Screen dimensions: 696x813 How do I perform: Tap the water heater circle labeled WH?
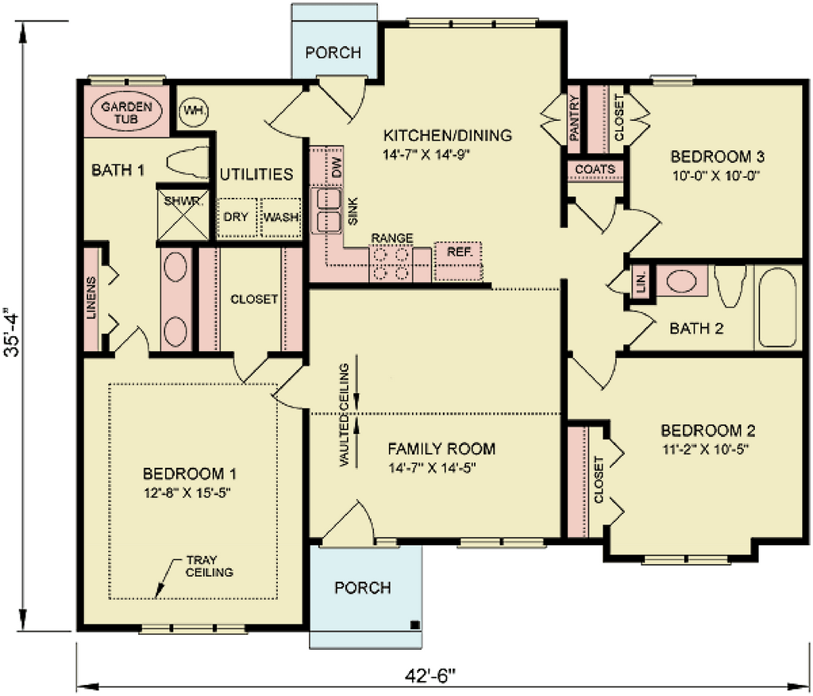coord(193,110)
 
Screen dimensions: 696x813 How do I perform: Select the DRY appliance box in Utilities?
coord(237,217)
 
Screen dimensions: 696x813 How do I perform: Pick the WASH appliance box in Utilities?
coord(281,217)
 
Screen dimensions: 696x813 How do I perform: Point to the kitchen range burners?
coord(391,264)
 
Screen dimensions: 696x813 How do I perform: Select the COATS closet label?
coord(595,169)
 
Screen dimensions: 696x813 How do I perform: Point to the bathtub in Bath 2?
coord(777,307)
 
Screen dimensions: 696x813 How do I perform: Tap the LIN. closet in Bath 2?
coord(642,281)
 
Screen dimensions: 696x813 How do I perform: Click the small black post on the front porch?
coord(414,624)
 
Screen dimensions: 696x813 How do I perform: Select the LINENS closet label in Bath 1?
coord(91,299)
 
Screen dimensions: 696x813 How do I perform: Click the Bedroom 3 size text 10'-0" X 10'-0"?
coord(716,176)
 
